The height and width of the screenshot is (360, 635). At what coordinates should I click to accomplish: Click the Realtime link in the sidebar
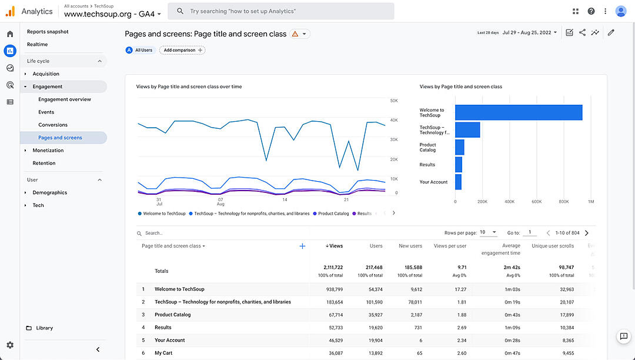(x=37, y=45)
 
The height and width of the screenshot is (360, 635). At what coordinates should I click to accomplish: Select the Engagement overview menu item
(x=65, y=99)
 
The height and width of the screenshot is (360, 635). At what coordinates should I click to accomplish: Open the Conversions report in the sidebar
(x=53, y=125)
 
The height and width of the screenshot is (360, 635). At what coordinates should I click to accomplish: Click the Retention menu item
(x=44, y=163)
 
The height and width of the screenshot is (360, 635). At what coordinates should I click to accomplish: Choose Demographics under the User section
(x=50, y=192)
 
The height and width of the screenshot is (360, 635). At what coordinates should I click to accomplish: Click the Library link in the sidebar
(x=44, y=328)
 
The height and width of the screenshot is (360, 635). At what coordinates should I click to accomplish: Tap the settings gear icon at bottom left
(x=10, y=345)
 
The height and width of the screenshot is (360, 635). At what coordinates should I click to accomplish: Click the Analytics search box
(x=281, y=11)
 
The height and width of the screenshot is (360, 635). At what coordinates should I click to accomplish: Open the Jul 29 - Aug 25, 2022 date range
(x=530, y=32)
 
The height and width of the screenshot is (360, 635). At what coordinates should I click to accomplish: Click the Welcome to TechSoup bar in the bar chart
(x=518, y=112)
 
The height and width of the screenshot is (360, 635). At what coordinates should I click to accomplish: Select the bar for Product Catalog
(x=460, y=147)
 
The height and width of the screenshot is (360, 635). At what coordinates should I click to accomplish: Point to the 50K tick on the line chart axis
(x=394, y=101)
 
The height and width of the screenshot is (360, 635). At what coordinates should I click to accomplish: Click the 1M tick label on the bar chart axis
(x=590, y=202)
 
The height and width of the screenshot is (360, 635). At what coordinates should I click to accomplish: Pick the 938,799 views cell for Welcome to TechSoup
(x=332, y=289)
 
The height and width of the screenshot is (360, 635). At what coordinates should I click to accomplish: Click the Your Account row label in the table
(x=169, y=340)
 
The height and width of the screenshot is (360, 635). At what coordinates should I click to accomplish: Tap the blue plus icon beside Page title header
(x=302, y=246)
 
